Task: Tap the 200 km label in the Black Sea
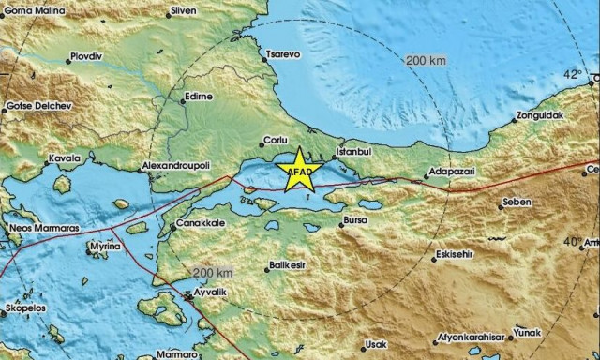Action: pyautogui.click(x=426, y=60)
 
